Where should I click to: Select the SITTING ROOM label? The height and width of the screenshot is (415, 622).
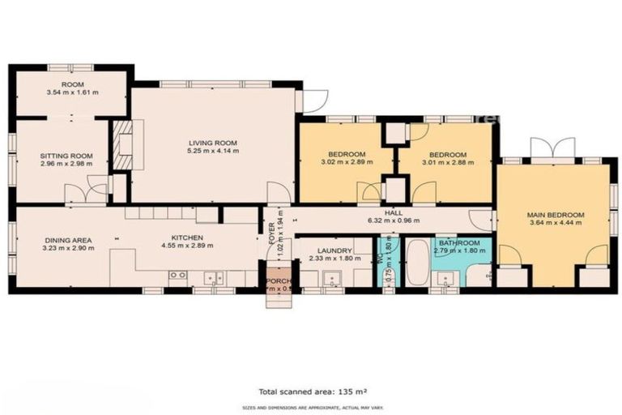(62, 155)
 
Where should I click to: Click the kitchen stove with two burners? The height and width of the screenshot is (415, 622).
(177, 276)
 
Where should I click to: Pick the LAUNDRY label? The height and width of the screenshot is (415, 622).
(334, 250)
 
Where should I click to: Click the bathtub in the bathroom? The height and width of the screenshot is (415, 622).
(417, 261)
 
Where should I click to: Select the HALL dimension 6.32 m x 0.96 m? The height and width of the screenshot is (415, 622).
(394, 220)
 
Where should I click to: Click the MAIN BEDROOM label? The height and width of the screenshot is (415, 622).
(556, 215)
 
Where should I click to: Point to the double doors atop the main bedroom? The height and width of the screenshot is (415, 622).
(552, 148)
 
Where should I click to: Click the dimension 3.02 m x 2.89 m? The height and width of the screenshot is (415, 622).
(347, 163)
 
